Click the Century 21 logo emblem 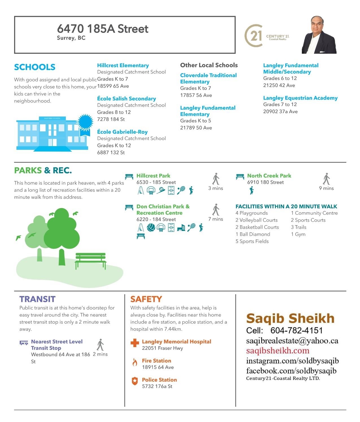coord(253,36)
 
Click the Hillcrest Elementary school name coord(123,66)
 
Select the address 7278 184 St coord(111,119)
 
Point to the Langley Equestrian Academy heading coord(300,98)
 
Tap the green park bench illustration coord(90,260)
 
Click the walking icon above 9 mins coord(326,179)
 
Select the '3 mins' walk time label coord(216,188)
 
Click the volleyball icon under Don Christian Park coord(151,228)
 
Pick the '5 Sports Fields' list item coord(252,241)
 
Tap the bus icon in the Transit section coord(24,343)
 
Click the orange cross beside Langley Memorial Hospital coord(135,343)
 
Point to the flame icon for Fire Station coord(135,362)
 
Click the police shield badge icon coord(135,381)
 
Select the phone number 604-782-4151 coord(296,330)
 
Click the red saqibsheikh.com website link coord(278,351)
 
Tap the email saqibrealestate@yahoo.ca coord(292,341)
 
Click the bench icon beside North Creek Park coord(240,177)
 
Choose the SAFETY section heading coord(146,299)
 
